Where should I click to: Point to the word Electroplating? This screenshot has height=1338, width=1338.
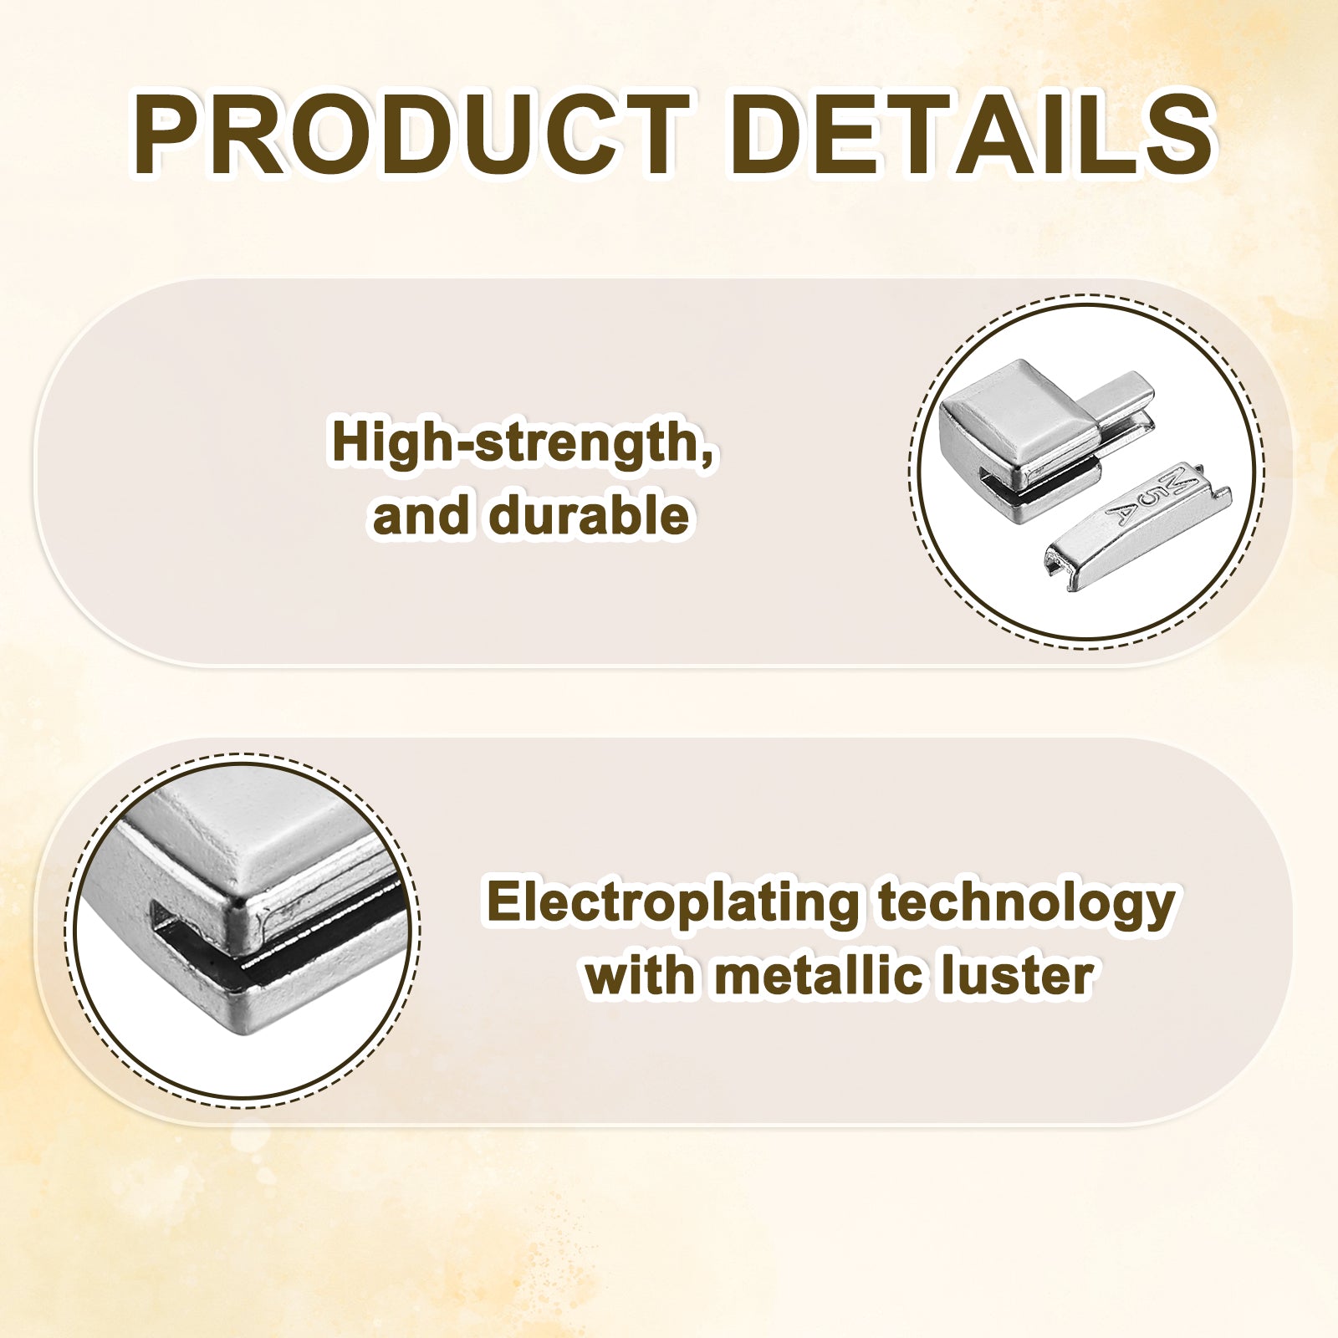(x=673, y=904)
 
